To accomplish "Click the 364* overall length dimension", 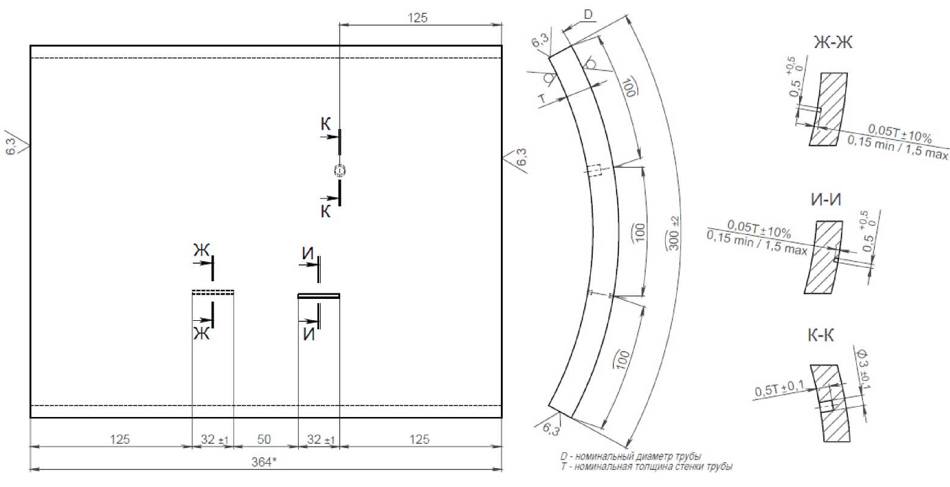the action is coord(264,461).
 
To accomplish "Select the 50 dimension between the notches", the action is coord(264,439).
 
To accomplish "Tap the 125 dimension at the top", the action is coord(417,18).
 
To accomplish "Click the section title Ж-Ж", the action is coord(833,42).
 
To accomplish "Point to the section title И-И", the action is coord(826,200).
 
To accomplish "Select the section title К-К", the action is coord(820,335).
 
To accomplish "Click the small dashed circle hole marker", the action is coord(340,170).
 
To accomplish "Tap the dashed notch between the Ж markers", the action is coord(213,292).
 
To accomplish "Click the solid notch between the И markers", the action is coord(319,296).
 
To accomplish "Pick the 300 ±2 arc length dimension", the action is coord(674,234).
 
